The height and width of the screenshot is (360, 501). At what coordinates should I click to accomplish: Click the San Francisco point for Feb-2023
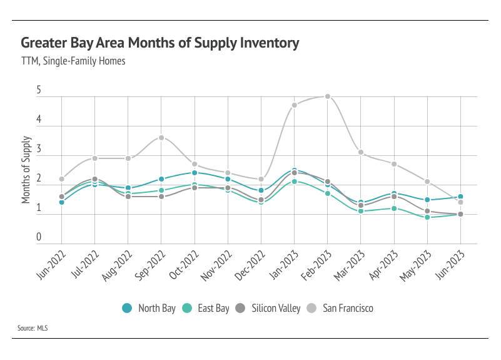(x=327, y=96)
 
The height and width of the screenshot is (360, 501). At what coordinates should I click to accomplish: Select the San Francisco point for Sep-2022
(x=161, y=138)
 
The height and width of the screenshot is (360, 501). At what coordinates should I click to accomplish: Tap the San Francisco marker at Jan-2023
(x=294, y=105)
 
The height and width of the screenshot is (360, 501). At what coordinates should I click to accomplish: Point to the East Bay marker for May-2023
(x=427, y=217)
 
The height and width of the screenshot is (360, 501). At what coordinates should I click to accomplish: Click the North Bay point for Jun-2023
(x=460, y=197)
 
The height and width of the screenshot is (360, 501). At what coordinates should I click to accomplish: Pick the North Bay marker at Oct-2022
(x=195, y=173)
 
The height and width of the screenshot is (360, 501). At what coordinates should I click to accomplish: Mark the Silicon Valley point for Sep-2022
(x=161, y=197)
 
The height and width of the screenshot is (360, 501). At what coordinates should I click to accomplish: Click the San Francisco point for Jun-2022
(x=62, y=179)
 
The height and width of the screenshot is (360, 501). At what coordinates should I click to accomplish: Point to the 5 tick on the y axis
(x=39, y=91)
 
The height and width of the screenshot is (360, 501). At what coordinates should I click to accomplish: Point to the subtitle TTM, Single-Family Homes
(x=73, y=61)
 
